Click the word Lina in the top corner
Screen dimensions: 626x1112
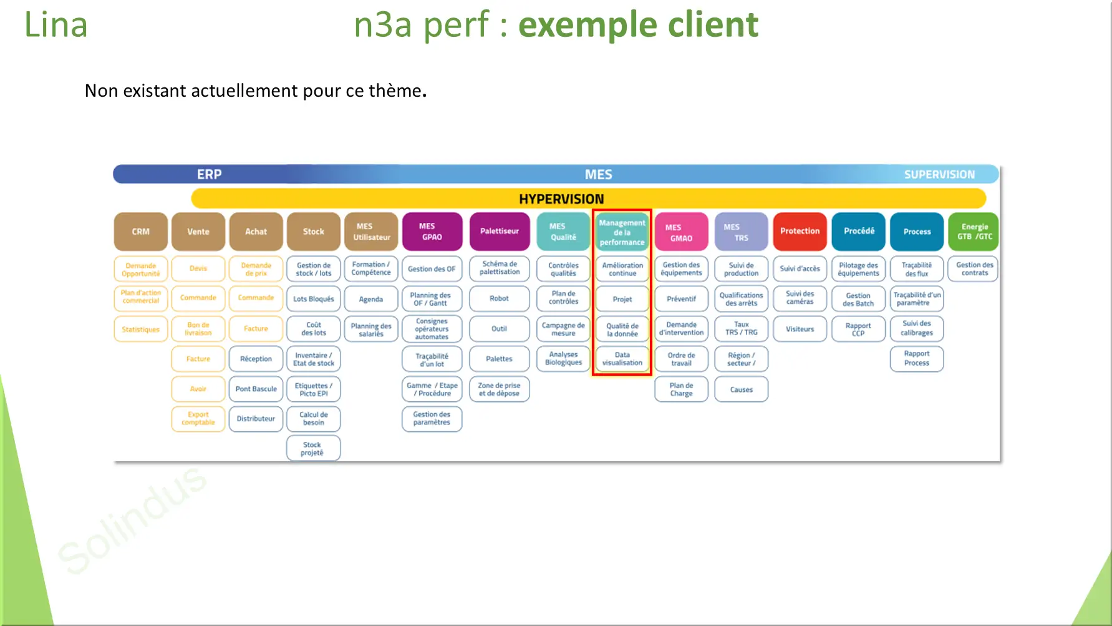pos(56,26)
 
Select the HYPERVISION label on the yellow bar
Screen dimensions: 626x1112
pos(561,199)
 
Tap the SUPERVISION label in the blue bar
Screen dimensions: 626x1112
pos(939,175)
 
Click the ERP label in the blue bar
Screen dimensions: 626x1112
pos(209,175)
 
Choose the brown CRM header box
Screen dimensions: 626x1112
pos(141,232)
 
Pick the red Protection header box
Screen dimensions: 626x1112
pos(800,232)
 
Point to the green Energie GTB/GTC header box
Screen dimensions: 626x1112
pos(974,232)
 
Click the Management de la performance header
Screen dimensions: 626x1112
pos(622,232)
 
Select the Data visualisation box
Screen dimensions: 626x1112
pos(622,359)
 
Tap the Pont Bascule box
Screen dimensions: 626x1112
pos(256,389)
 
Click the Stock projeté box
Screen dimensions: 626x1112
pos(312,449)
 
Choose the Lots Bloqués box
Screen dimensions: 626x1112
pos(313,299)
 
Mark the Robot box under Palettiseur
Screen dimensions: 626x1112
pos(499,298)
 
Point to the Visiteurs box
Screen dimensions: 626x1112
pos(800,329)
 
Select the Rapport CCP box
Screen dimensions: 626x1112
pos(858,329)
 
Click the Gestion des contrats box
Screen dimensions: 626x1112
pos(974,269)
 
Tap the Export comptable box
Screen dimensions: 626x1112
pos(198,419)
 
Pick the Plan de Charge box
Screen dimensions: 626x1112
pos(681,389)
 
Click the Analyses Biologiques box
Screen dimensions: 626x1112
pos(563,359)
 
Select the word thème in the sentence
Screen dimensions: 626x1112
pos(395,91)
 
